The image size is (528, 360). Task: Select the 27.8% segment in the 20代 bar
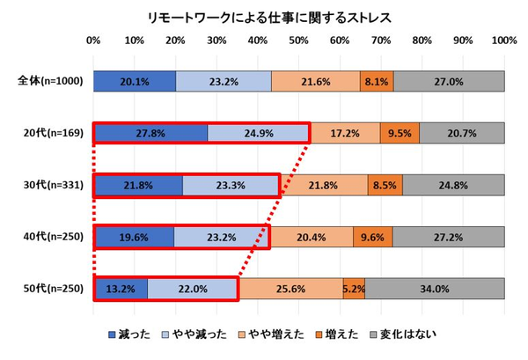150,133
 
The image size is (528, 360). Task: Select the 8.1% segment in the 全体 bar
377,81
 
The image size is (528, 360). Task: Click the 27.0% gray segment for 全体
449,81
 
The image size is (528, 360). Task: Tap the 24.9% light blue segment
259,133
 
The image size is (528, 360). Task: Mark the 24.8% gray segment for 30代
453,185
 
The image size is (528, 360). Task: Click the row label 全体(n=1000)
50,81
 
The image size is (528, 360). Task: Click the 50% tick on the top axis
298,40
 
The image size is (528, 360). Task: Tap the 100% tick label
503,40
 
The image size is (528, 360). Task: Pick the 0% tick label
93,40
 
